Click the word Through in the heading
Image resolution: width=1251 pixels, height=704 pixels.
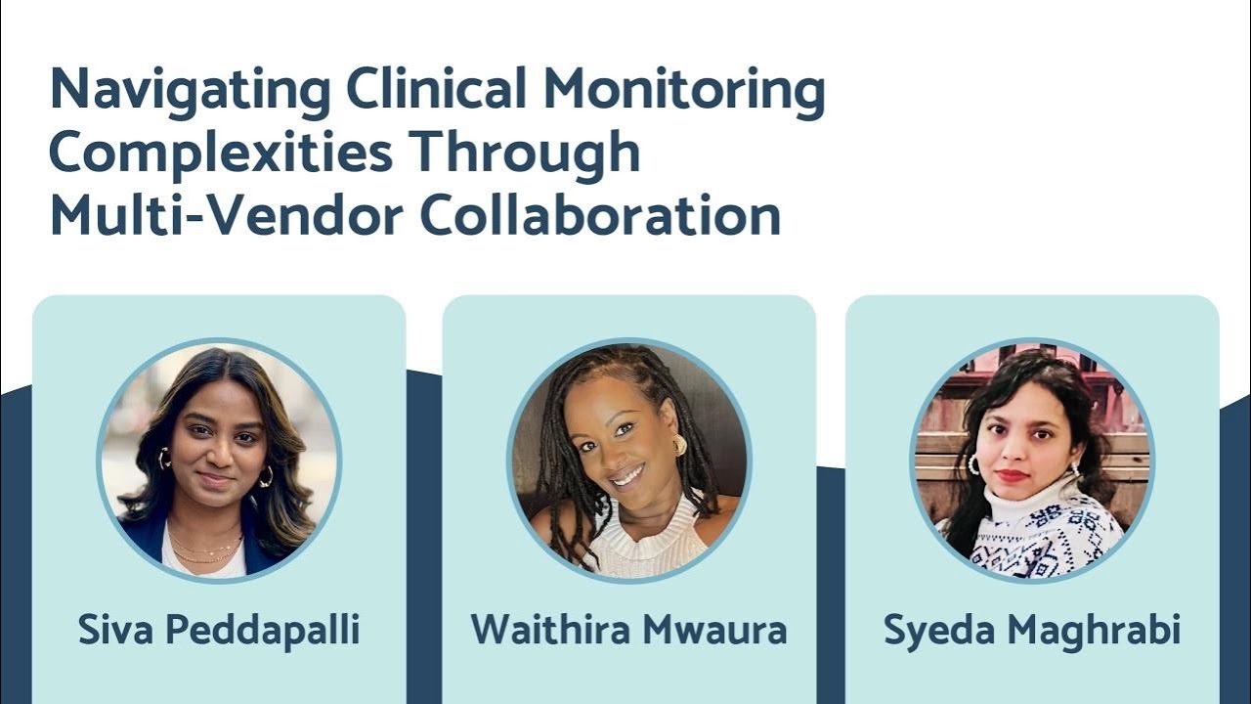[525, 154]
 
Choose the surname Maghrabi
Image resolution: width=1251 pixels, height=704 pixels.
[1096, 631]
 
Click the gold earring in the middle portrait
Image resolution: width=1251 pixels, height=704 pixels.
[679, 446]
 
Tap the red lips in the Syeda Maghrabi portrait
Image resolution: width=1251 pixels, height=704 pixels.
[1014, 476]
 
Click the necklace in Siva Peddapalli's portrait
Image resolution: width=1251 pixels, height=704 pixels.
[205, 548]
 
